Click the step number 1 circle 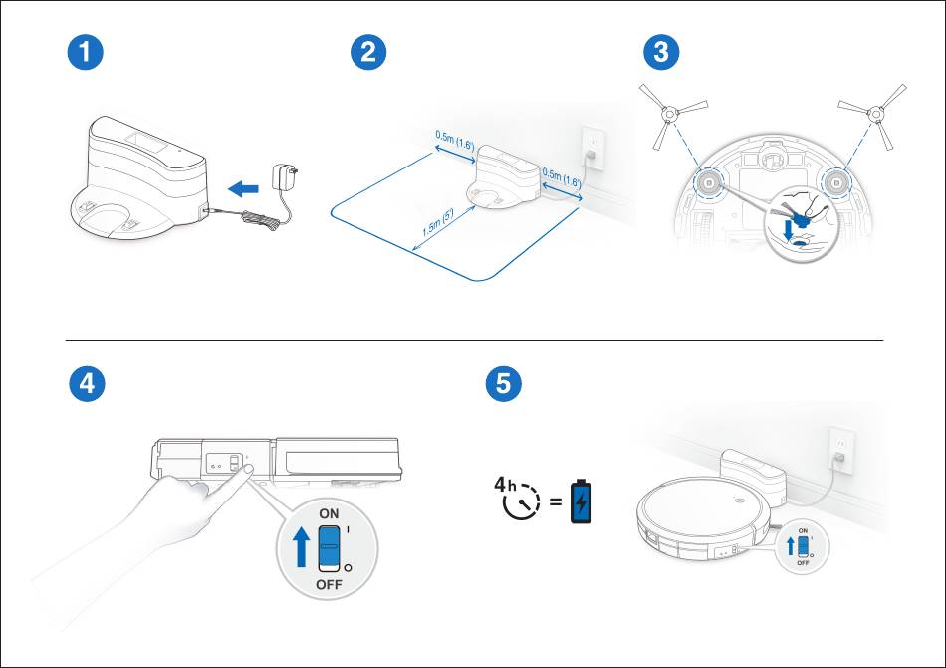(x=89, y=53)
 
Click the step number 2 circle (x=369, y=53)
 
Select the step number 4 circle (x=89, y=384)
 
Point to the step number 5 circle (x=503, y=384)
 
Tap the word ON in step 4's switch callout (x=330, y=512)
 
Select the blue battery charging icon (x=579, y=502)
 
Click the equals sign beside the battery (x=553, y=502)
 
